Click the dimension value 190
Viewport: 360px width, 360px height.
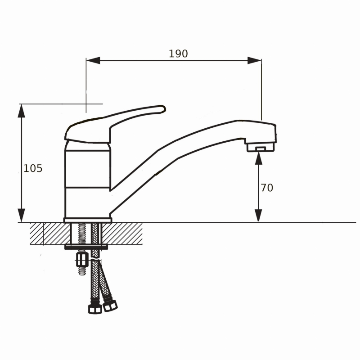coord(178,54)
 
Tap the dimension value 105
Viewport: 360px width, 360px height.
coord(33,168)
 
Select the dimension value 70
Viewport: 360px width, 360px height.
coord(267,188)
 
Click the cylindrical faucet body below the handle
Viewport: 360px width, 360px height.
coord(87,180)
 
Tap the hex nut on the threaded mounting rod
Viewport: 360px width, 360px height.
coord(82,260)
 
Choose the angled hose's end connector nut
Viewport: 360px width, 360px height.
coord(110,306)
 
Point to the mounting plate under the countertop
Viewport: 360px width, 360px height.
coord(87,247)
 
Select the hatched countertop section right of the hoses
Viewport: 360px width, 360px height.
coord(124,233)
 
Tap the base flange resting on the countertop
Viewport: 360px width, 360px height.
coord(87,220)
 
